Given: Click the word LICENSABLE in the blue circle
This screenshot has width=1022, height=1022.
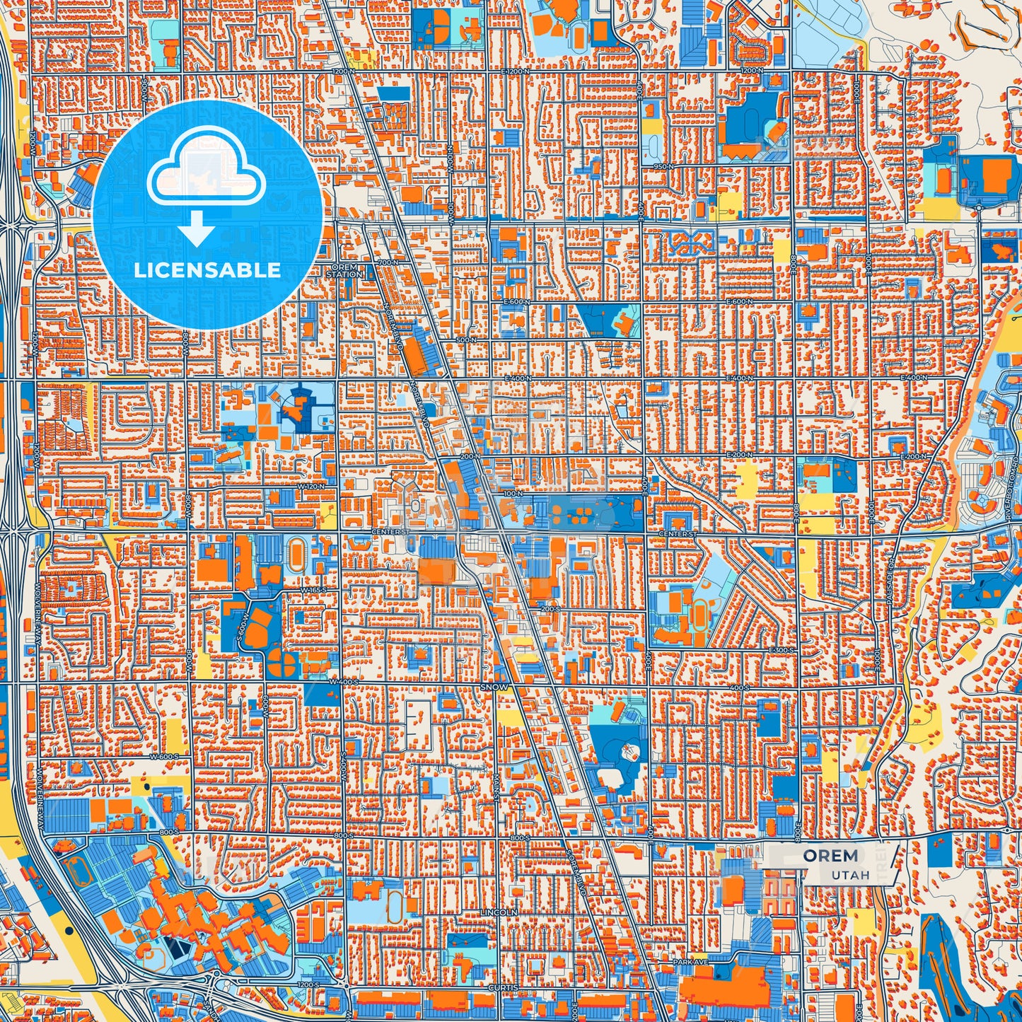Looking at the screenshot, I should coord(207,270).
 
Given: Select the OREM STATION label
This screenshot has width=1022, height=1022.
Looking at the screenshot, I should coord(345,270).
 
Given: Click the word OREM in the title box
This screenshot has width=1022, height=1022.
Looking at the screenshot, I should coord(830,856).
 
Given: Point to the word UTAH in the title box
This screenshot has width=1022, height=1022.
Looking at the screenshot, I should coord(850,875).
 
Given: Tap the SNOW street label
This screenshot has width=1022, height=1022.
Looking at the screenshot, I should coord(493,687).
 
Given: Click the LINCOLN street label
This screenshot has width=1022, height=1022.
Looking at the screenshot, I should coord(499,913).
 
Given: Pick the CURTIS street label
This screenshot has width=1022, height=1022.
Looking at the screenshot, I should coord(502,987).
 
